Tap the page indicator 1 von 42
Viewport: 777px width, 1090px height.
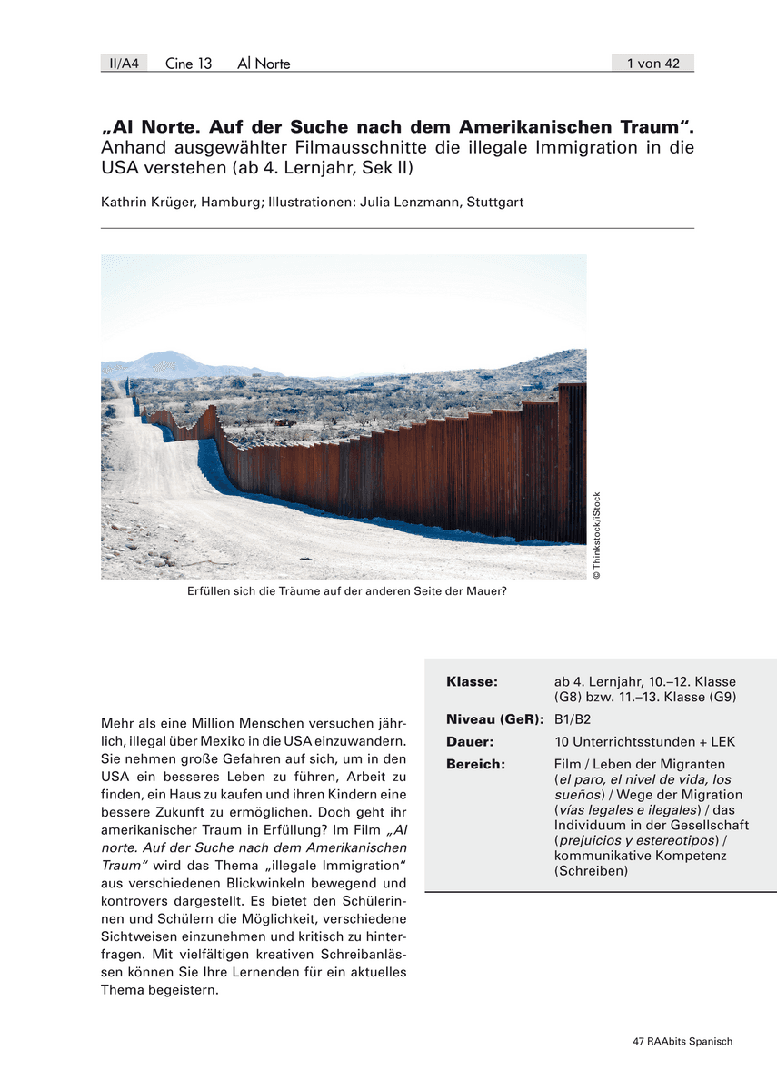point(652,63)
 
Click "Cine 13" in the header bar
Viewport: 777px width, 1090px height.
point(188,63)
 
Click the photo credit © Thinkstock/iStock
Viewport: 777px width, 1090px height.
point(597,536)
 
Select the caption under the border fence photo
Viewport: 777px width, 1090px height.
point(346,591)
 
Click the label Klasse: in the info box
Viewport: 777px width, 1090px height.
point(472,682)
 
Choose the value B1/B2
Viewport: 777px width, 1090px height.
point(573,719)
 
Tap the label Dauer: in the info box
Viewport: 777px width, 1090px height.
point(470,741)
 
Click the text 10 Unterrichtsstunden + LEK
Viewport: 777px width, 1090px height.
point(644,741)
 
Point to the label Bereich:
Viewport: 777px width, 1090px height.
point(475,764)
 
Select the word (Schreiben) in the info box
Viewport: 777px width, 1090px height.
point(591,871)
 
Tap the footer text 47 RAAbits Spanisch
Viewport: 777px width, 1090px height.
point(682,1041)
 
